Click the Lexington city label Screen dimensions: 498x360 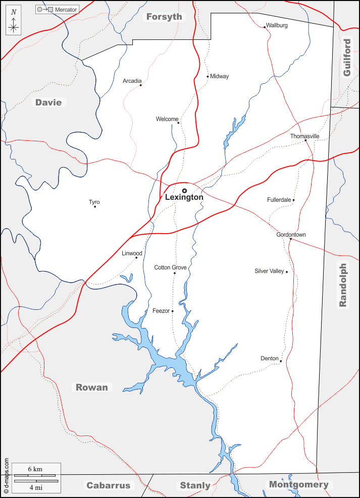pyautogui.click(x=184, y=198)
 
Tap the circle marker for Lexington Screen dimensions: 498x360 pyautogui.click(x=184, y=191)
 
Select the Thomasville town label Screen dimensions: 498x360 pyautogui.click(x=304, y=136)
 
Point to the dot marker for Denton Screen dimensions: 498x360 pyautogui.click(x=281, y=361)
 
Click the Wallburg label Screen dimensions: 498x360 pyautogui.click(x=277, y=25)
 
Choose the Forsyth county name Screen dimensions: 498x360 pyautogui.click(x=164, y=17)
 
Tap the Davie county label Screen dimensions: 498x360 pyautogui.click(x=48, y=102)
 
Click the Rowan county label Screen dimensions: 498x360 pyautogui.click(x=92, y=388)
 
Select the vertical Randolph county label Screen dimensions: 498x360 pyautogui.click(x=343, y=285)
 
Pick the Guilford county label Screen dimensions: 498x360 pyautogui.click(x=346, y=58)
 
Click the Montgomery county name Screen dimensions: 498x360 pyautogui.click(x=298, y=484)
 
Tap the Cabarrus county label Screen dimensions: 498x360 pyautogui.click(x=108, y=485)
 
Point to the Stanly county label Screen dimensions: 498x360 pyautogui.click(x=195, y=485)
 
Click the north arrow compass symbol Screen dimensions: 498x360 pyautogui.click(x=14, y=24)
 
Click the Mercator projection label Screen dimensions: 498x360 pyautogui.click(x=66, y=10)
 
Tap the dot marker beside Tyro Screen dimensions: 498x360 pyautogui.click(x=95, y=206)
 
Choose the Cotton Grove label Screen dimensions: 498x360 pyautogui.click(x=170, y=267)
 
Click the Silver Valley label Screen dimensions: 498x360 pyautogui.click(x=269, y=271)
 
